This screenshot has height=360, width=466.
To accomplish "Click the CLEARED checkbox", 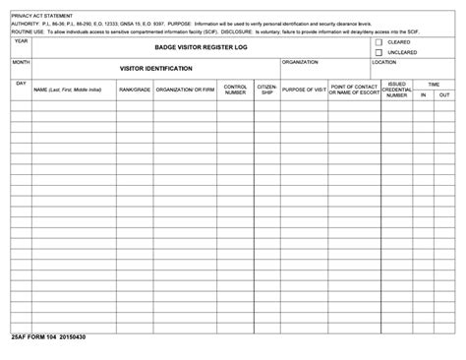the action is (379, 43).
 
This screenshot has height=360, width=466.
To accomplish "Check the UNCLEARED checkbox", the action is (379, 53).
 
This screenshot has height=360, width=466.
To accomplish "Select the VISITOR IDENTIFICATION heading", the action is (155, 68).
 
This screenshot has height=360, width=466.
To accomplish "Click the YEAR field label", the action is (21, 41).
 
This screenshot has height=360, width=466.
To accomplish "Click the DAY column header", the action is (21, 83).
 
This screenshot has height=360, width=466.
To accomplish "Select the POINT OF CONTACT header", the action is (354, 89).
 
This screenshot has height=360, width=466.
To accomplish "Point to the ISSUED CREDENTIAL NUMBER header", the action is (396, 90).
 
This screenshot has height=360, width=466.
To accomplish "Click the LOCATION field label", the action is (383, 61).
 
